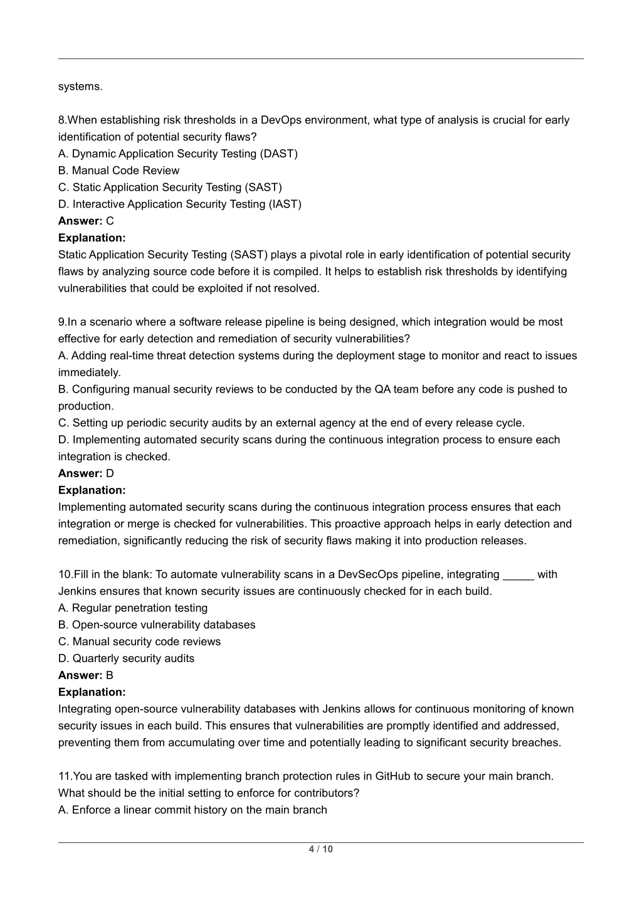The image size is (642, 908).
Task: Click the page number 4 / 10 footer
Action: coord(320,850)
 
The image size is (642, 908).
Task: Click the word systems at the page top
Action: coord(80,87)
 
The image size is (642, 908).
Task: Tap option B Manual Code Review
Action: coord(118,171)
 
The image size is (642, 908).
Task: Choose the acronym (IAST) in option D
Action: coord(285,204)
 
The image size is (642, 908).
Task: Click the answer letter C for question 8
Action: coord(110,221)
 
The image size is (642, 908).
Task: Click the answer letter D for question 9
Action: coord(110,473)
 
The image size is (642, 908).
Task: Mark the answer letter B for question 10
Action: coord(110,675)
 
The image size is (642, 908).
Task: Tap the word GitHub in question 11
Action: coord(392,776)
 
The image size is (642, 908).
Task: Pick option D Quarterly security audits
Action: coord(126,658)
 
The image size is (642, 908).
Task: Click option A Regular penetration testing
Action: coord(133,608)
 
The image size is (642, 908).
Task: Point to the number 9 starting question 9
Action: coord(61,322)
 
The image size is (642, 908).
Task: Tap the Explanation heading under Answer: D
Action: coord(92,490)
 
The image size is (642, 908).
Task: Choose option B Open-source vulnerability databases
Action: coord(157,625)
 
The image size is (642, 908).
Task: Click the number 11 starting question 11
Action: coord(64,776)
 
